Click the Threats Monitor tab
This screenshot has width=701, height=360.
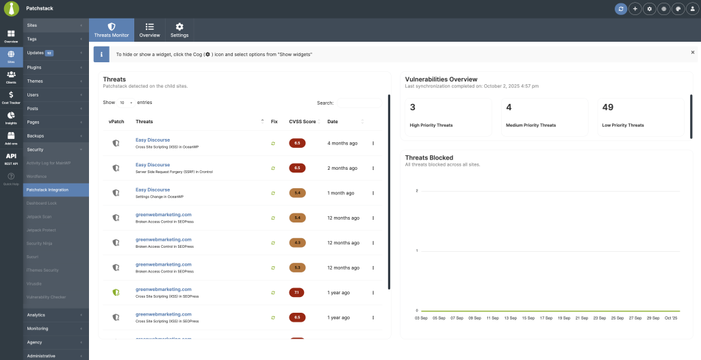point(112,29)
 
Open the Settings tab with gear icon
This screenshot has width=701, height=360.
point(179,29)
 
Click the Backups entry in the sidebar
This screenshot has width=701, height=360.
point(36,136)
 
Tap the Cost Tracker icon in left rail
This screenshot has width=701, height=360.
point(11,97)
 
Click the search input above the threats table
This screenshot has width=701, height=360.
point(358,103)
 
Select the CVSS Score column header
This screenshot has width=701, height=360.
point(303,121)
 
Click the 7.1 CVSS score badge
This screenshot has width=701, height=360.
point(297,292)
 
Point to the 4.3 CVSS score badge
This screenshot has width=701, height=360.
point(297,242)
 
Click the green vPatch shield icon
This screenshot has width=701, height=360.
point(116,292)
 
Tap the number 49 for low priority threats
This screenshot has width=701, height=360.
point(608,107)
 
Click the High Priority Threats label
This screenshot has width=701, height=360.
point(431,125)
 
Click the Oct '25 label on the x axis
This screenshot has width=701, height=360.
point(670,318)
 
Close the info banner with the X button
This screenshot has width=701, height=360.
point(692,52)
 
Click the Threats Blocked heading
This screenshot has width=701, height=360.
point(429,157)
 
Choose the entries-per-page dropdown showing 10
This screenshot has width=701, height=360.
point(126,103)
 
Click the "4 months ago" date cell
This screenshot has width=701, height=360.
point(342,143)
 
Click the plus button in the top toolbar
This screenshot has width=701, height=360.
point(635,9)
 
